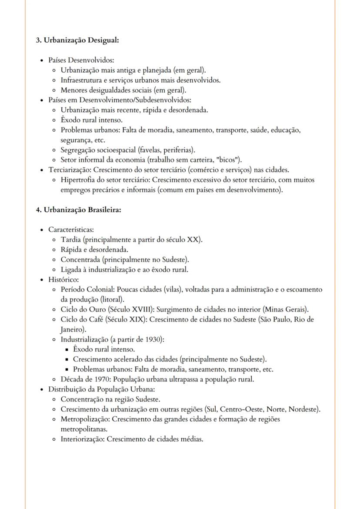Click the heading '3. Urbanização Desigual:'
(x=77, y=40)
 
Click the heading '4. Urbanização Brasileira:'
(x=78, y=210)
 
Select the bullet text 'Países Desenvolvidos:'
(x=81, y=60)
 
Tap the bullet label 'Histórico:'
(x=63, y=279)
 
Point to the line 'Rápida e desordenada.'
(x=94, y=250)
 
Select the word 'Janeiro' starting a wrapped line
(x=72, y=329)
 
